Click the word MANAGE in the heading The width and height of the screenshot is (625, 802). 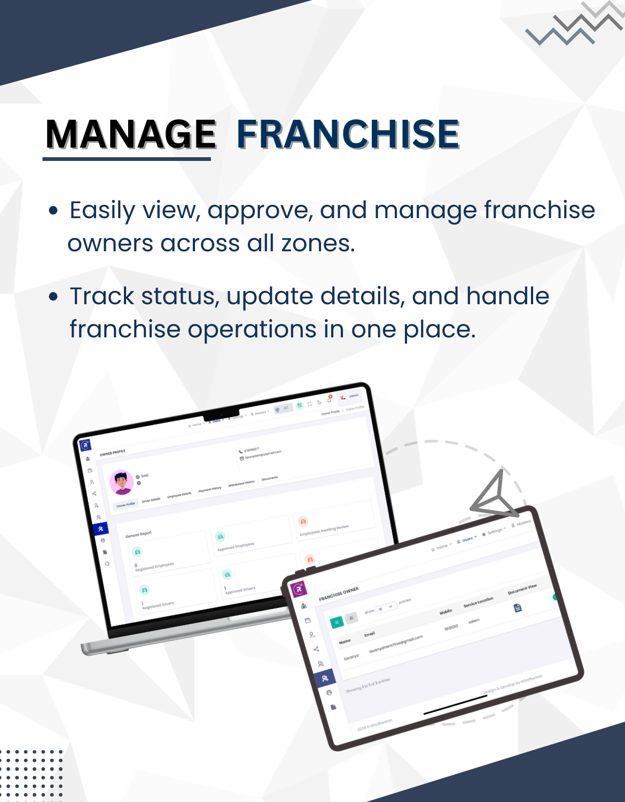[130, 134]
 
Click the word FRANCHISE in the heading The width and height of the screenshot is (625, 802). [348, 134]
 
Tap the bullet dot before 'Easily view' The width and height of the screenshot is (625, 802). [53, 211]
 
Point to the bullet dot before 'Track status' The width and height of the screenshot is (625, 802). [53, 297]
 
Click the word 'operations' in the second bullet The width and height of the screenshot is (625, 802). [252, 329]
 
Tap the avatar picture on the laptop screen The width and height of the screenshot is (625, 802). [122, 482]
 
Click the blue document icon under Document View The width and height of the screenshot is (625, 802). [517, 608]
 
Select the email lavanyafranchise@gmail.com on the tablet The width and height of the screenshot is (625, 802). [396, 644]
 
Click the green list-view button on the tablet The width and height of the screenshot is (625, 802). [337, 622]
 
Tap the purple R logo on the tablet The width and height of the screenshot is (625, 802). [299, 589]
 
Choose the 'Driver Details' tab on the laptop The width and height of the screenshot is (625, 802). [151, 500]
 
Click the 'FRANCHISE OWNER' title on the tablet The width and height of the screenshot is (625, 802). [339, 594]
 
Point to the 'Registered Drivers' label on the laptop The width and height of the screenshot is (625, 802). [158, 605]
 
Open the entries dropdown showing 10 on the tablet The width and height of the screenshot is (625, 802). [387, 607]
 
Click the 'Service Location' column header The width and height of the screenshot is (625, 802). [478, 601]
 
